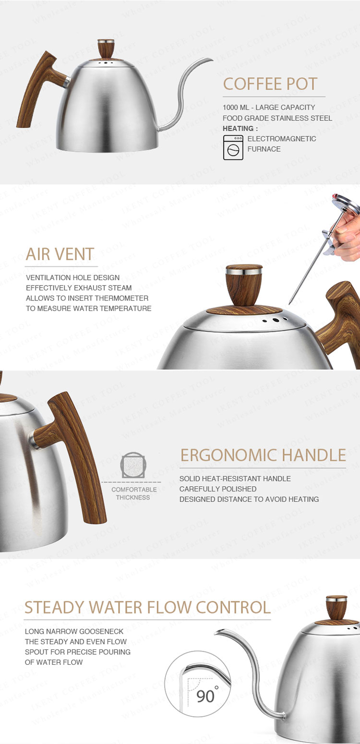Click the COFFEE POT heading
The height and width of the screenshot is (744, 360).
(x=270, y=84)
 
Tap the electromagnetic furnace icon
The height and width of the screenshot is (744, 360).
(x=233, y=147)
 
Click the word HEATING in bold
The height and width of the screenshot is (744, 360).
(x=238, y=129)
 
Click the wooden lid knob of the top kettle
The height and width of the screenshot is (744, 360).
(x=106, y=49)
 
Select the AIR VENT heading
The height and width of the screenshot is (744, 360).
(x=60, y=254)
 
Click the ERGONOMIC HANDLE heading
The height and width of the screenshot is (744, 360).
(x=263, y=456)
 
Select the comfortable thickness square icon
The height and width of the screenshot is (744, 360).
(x=133, y=465)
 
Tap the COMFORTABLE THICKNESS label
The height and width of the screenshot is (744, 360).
(x=133, y=493)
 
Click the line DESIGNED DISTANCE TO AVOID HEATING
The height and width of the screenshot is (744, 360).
(x=249, y=499)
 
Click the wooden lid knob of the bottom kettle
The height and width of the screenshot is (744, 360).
(x=336, y=608)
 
